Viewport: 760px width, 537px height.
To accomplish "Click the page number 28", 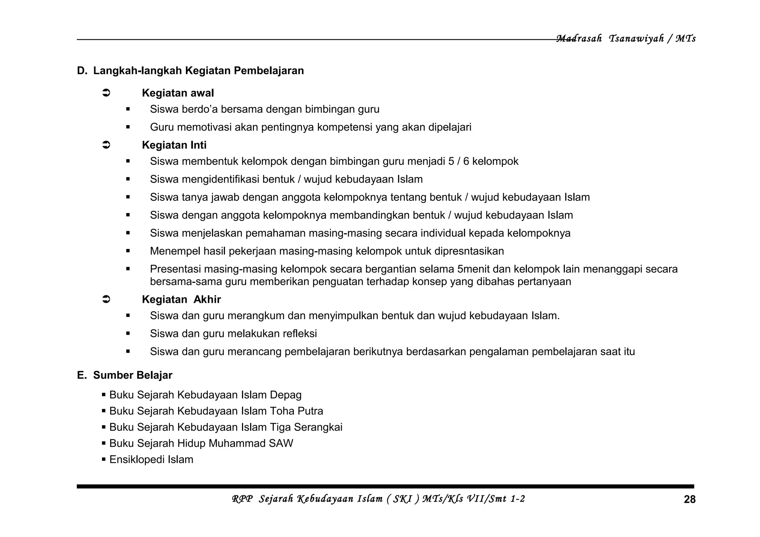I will coord(689,500).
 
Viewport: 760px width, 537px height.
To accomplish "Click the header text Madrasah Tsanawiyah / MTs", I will coord(626,39).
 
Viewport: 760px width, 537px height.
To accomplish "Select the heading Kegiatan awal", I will coord(178,93).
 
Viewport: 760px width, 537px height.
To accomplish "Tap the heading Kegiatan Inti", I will coord(174,145).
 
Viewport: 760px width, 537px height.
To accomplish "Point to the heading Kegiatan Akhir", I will coord(181,299).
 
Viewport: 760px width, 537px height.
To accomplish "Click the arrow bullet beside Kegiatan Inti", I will coord(106,145).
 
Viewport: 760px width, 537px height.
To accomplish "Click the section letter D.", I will coord(81,71).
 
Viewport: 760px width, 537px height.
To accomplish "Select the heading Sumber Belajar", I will coord(132,375).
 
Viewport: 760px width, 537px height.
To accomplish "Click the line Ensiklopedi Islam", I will coord(151,459).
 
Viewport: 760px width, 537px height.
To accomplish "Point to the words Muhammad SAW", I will coord(251,443).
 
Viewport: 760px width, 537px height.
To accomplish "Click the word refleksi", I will coord(299,334).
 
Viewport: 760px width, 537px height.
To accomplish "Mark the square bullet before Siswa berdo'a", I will coord(128,109).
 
